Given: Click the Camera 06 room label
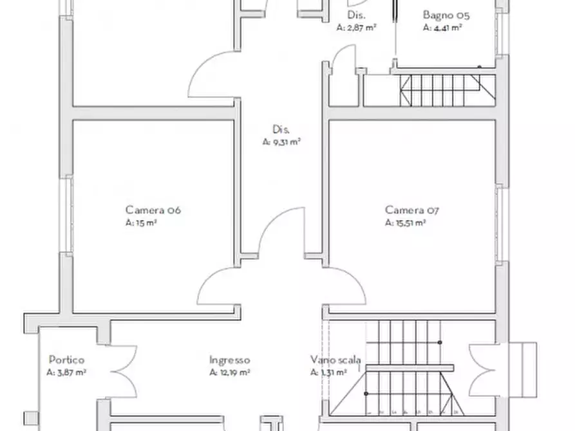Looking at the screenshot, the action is tap(153, 210).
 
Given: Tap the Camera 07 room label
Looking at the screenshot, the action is tap(412, 210).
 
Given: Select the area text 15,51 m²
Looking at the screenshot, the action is tap(411, 223).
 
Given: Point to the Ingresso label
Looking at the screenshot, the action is tap(230, 360).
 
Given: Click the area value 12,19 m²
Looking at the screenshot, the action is tap(234, 372).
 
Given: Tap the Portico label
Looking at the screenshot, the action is tap(67, 360).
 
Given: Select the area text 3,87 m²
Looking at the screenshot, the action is tap(71, 372).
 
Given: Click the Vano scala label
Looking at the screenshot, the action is tap(335, 360).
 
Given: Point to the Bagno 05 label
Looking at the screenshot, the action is tap(446, 15).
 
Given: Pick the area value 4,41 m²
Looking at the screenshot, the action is tap(448, 28).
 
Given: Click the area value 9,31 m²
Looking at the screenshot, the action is tap(287, 142).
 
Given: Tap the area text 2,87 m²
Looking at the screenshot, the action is tap(362, 28).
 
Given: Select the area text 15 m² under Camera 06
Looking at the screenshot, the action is tap(146, 223).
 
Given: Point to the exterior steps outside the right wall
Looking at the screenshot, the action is tap(523, 369).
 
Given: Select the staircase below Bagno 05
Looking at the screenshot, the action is tap(448, 91).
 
